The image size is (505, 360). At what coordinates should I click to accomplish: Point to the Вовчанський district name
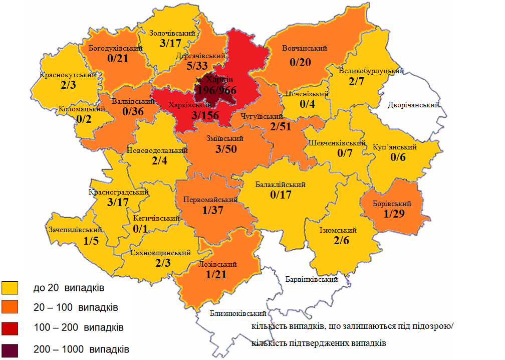304,49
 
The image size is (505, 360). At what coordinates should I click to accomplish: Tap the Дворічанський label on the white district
413,105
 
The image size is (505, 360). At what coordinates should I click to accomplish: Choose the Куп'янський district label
395,147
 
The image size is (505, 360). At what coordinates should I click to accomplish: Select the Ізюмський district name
338,230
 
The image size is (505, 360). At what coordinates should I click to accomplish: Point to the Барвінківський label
311,279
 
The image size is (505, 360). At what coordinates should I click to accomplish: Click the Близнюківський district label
237,313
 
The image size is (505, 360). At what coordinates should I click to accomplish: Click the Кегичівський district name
156,218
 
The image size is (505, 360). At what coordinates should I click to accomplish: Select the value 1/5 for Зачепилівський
91,241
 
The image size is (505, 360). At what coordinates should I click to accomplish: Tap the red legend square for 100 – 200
10,328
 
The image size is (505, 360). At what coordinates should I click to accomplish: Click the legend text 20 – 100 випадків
76,307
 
